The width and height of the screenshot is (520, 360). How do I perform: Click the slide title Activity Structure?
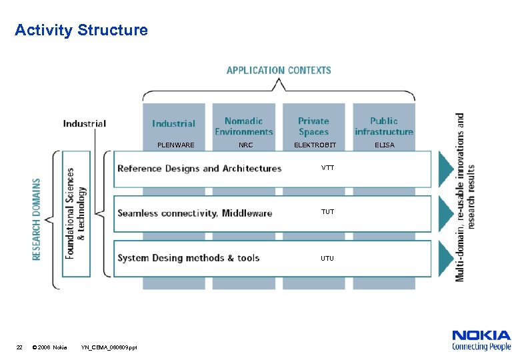[x=81, y=30]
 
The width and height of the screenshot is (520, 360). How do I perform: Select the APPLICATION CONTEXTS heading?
[x=279, y=70]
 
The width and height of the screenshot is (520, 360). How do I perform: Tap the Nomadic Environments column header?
[x=243, y=126]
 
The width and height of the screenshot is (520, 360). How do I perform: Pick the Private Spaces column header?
[x=313, y=126]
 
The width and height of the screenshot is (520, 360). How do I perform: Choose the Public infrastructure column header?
[x=384, y=126]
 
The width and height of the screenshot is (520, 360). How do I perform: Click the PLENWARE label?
[x=175, y=145]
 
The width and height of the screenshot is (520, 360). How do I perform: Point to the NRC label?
[x=245, y=145]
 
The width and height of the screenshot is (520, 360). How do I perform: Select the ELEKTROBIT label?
[x=315, y=145]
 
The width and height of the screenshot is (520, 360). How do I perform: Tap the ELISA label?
[x=384, y=145]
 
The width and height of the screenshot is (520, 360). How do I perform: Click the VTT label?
[x=327, y=168]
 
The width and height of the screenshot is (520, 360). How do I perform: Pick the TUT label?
[x=327, y=212]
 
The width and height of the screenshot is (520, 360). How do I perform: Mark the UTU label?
[x=327, y=258]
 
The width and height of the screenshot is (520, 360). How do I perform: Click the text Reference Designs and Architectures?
[x=199, y=169]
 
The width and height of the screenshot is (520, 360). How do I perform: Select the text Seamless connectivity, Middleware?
[x=195, y=213]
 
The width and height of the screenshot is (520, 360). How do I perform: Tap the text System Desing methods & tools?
[x=188, y=258]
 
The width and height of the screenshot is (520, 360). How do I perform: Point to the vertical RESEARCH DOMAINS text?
[x=37, y=219]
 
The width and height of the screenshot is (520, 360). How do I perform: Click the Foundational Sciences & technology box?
[x=76, y=213]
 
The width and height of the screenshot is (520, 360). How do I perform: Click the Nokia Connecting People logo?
[x=481, y=340]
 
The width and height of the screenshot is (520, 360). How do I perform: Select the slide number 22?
[x=19, y=347]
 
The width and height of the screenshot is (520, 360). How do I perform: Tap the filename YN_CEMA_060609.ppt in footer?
[x=109, y=347]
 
